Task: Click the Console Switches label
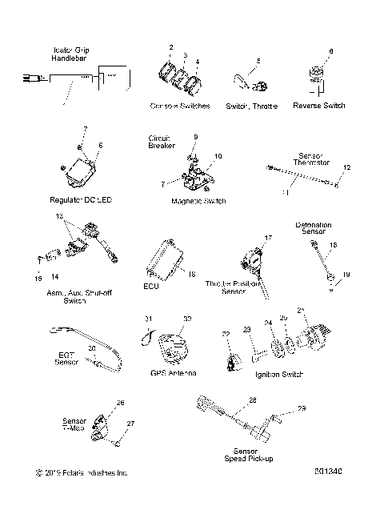179,106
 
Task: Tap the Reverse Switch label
320,105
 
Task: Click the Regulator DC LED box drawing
82,171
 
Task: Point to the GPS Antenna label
173,372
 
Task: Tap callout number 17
269,238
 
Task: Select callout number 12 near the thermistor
346,167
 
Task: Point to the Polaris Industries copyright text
76,472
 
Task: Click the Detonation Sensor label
314,230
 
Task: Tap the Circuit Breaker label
162,142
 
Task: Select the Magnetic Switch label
198,200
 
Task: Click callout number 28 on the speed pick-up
252,400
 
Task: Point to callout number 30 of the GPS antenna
187,318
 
